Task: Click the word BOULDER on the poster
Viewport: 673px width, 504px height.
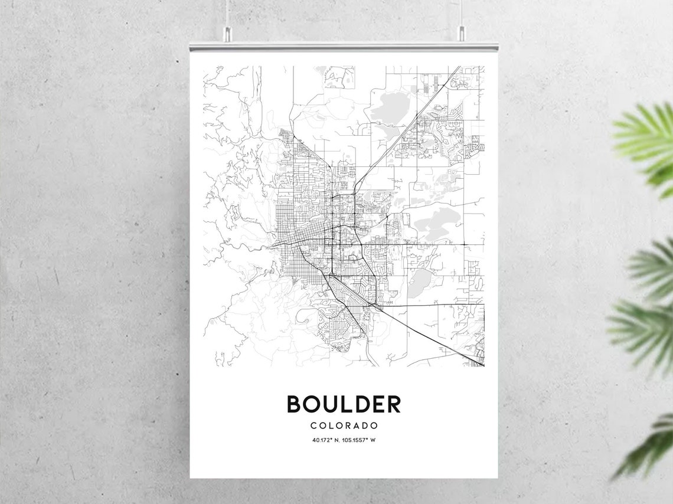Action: coord(344,404)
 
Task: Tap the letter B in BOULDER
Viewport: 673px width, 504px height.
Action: coord(294,404)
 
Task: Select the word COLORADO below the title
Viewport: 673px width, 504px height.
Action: coord(344,425)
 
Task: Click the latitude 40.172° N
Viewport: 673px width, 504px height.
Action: coord(326,440)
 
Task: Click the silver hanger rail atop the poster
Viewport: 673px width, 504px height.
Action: coord(344,46)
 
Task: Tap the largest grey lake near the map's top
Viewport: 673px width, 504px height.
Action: coord(390,106)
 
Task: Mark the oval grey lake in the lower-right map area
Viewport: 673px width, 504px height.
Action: coord(420,282)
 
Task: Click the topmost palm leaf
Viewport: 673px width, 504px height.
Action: coord(646,136)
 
